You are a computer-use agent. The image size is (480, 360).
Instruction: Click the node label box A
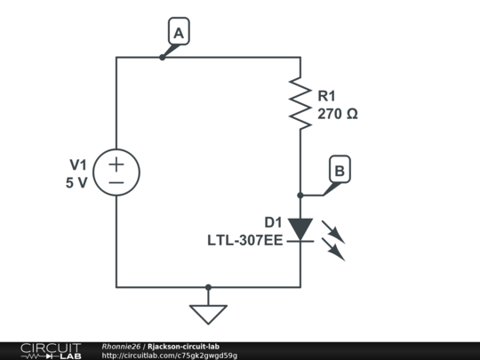click(x=179, y=31)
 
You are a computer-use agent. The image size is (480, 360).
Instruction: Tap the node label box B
click(x=340, y=169)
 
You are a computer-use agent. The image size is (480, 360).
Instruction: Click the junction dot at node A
click(x=163, y=57)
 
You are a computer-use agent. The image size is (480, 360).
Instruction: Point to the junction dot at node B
click(x=300, y=195)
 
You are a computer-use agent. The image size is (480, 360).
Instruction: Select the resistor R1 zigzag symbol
click(x=300, y=103)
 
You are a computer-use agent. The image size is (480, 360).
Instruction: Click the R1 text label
click(x=326, y=96)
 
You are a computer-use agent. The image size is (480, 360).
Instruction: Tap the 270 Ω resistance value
click(x=338, y=114)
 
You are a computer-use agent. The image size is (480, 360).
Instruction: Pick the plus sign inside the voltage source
click(x=116, y=164)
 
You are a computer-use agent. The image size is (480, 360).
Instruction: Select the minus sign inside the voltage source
click(x=116, y=183)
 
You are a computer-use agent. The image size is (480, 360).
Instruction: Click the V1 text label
click(x=78, y=164)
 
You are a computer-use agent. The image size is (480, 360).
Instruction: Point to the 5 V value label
click(x=76, y=183)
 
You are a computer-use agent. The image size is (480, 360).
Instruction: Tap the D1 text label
click(x=273, y=222)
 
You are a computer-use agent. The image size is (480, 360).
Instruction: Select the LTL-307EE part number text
click(x=245, y=240)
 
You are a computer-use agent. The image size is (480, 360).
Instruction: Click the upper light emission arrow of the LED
click(x=333, y=232)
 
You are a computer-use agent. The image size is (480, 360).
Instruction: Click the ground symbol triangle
click(x=208, y=315)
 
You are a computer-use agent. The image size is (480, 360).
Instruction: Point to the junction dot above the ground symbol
click(x=208, y=287)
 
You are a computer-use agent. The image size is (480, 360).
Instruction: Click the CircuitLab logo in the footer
click(x=51, y=351)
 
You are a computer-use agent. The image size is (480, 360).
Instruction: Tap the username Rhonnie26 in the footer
click(x=121, y=347)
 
